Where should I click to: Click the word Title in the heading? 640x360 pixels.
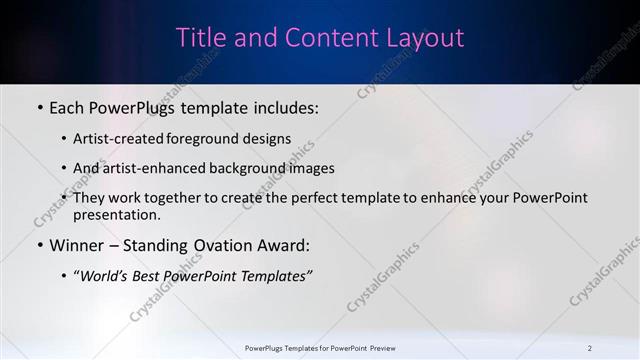click(x=200, y=38)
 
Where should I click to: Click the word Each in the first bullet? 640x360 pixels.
click(x=68, y=105)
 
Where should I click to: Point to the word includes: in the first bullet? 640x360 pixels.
click(x=283, y=105)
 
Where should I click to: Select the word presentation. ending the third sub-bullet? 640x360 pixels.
click(x=117, y=214)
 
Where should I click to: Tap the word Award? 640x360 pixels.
click(x=286, y=245)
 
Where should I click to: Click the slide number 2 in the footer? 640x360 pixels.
click(x=590, y=348)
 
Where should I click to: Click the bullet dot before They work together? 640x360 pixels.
click(x=65, y=198)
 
